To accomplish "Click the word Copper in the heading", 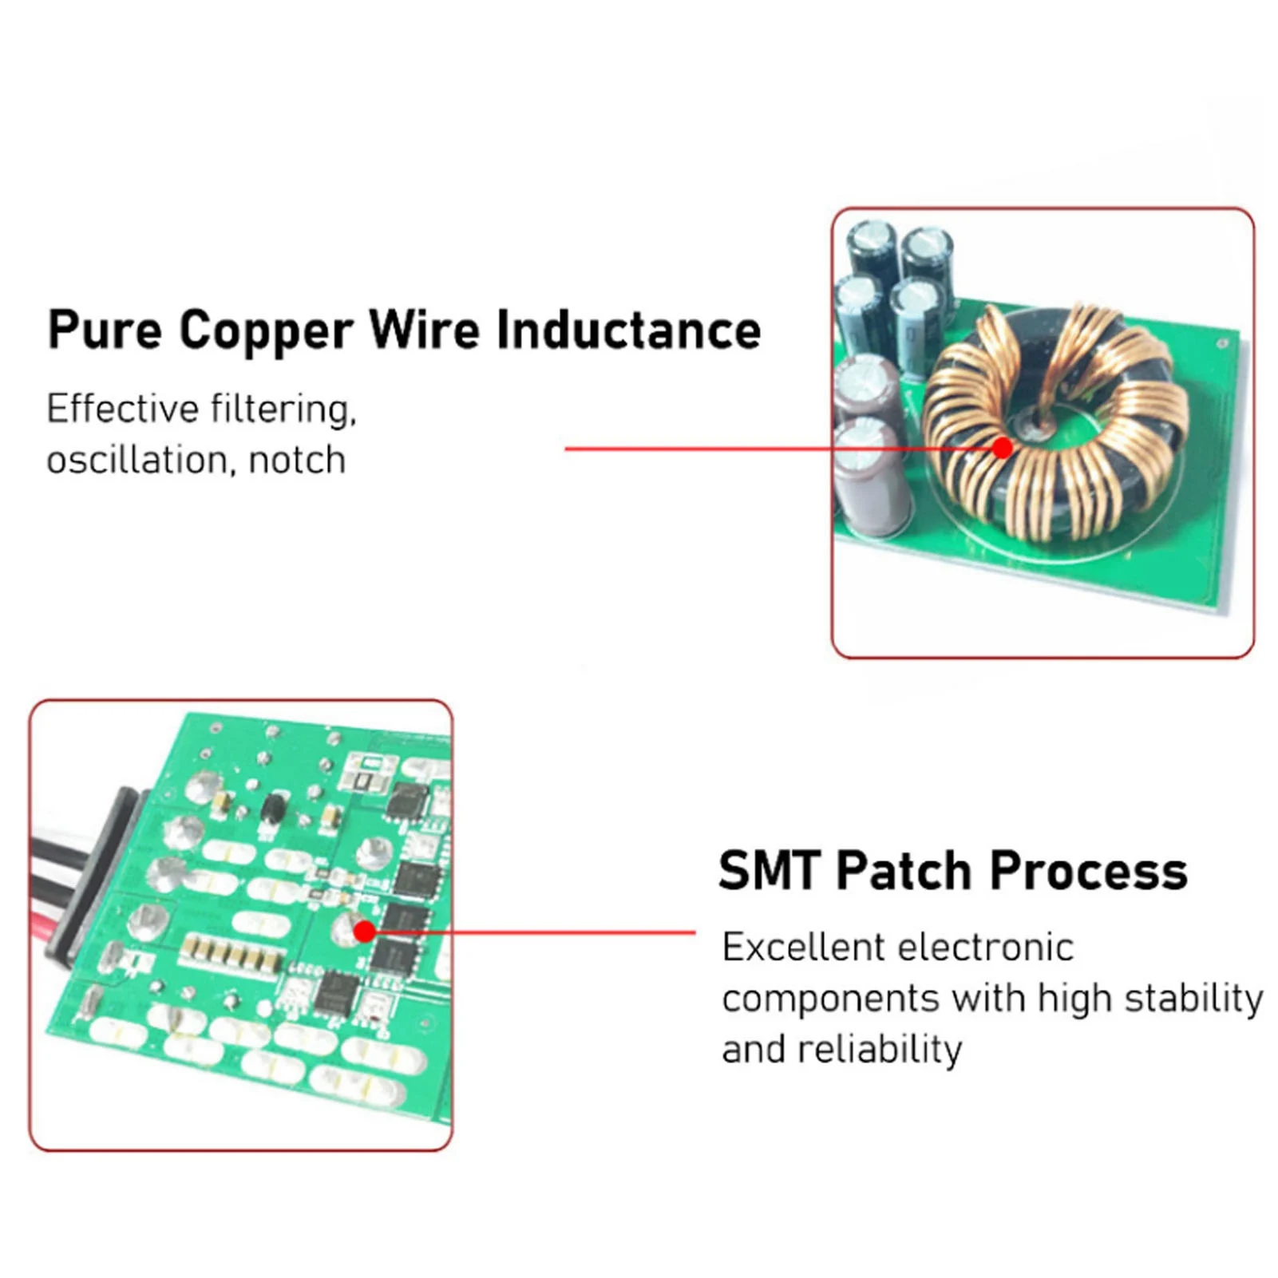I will click(266, 330).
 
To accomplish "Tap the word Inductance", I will click(628, 330).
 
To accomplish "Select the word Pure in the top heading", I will click(105, 330).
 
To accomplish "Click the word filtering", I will click(283, 410).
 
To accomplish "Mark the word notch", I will click(297, 461).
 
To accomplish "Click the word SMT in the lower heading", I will click(769, 871).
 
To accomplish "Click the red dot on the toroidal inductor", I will click(1003, 448).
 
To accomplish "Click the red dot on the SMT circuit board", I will click(364, 932).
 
